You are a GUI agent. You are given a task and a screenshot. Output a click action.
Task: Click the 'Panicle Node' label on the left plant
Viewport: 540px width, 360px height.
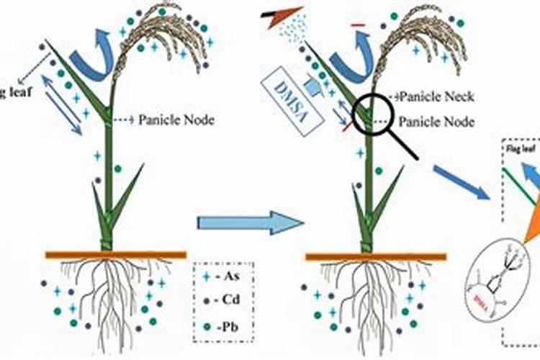(176, 120)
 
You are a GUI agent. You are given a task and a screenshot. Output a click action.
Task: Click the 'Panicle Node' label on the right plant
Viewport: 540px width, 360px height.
(436, 122)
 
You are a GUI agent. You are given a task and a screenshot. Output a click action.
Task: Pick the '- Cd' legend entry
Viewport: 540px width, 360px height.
(225, 299)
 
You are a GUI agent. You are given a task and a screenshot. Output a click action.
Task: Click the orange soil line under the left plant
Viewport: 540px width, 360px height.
(115, 254)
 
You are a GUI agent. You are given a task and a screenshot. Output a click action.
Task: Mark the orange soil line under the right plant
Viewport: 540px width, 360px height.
(375, 255)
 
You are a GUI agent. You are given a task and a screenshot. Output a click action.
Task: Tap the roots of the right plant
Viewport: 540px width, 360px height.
(368, 288)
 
